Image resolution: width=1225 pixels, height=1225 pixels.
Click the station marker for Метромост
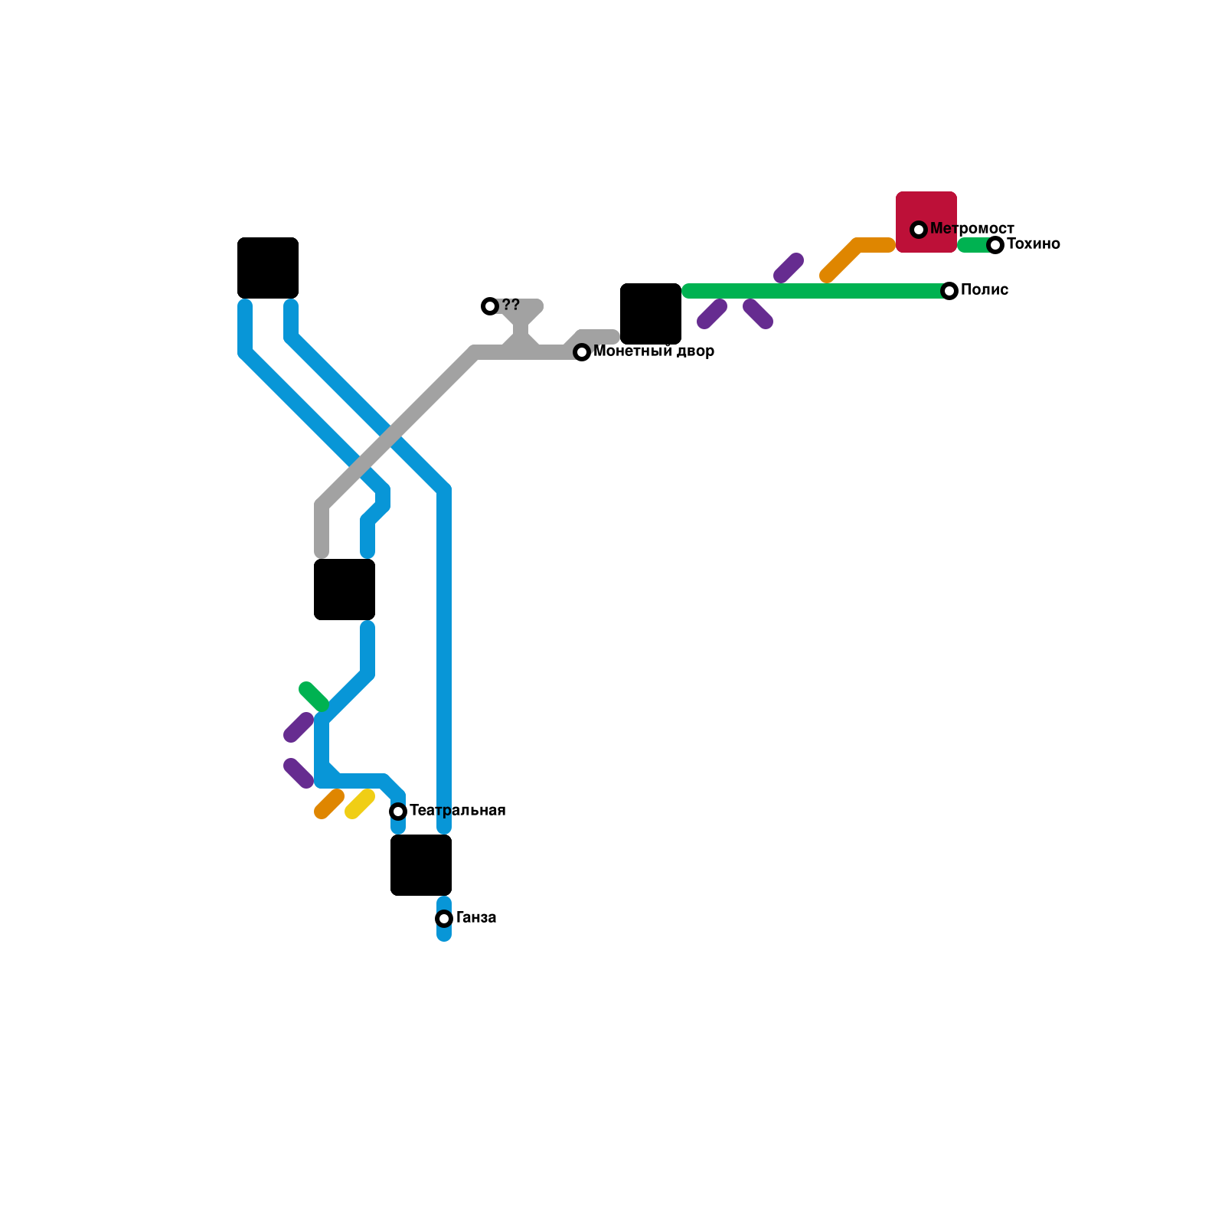click(x=919, y=230)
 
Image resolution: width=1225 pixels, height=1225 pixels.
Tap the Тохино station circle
click(x=995, y=245)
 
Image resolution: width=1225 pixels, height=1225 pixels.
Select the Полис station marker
click(x=949, y=291)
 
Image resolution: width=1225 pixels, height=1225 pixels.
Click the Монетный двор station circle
click(x=582, y=352)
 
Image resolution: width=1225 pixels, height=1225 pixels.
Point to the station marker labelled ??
click(x=490, y=306)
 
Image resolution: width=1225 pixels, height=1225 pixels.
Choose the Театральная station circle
click(x=398, y=812)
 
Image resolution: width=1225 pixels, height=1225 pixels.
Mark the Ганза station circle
click(x=444, y=919)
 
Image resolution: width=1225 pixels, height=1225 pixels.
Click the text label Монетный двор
click(x=654, y=351)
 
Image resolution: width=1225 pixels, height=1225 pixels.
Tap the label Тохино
click(x=1033, y=244)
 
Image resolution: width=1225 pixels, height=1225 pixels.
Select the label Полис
click(x=985, y=290)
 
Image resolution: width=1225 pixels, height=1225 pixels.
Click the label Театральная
click(x=458, y=811)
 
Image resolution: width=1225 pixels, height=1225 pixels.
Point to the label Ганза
click(x=476, y=918)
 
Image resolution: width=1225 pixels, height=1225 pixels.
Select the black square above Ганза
click(x=421, y=865)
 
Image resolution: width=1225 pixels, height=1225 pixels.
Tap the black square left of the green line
click(x=651, y=314)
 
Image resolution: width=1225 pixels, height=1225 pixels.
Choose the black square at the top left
click(x=268, y=268)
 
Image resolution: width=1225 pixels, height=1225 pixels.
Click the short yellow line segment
click(x=360, y=804)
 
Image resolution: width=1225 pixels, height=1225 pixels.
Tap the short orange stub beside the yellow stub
click(x=329, y=804)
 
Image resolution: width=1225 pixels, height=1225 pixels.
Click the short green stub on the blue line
click(x=314, y=696)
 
